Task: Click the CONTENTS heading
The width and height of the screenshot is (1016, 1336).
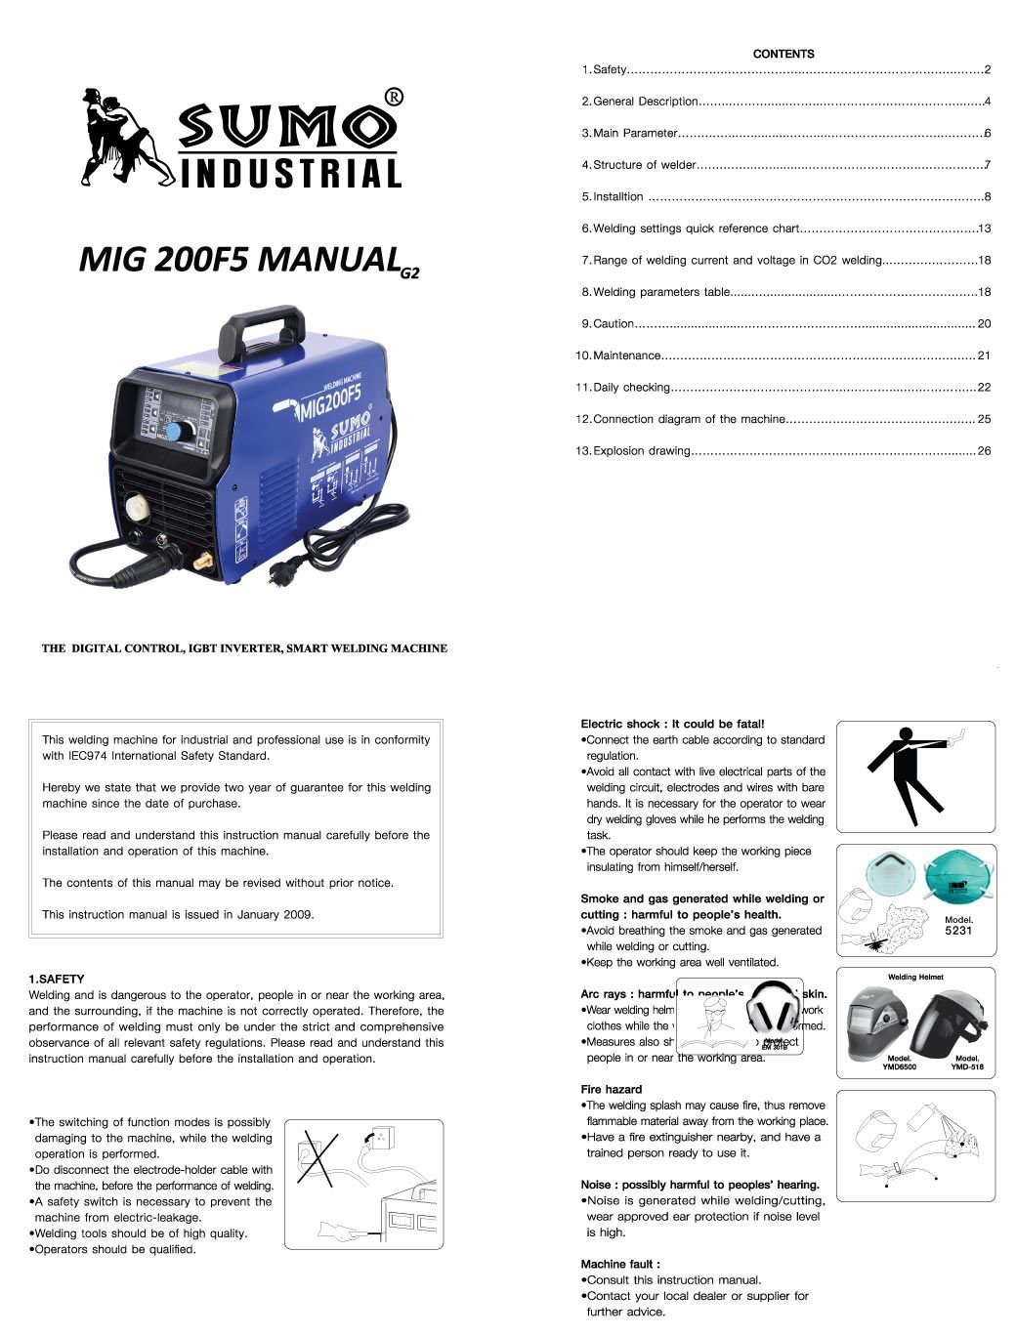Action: [783, 54]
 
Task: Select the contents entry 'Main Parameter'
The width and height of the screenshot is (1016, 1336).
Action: [635, 133]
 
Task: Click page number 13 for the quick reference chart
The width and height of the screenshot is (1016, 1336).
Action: [984, 229]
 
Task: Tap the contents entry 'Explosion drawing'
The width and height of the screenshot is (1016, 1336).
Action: [641, 451]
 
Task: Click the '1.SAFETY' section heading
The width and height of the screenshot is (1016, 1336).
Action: [57, 979]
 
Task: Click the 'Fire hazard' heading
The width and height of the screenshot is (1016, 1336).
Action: [612, 1089]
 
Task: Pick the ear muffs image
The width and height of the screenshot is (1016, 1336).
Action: [773, 1010]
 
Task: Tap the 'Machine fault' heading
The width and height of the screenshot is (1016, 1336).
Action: [620, 1264]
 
